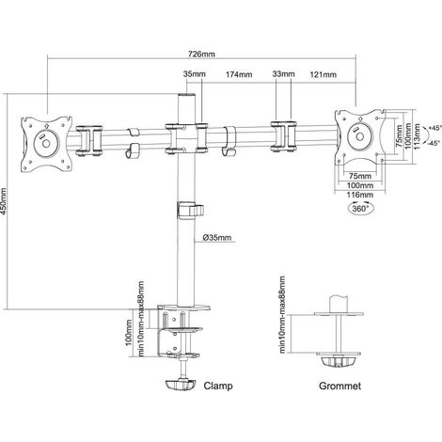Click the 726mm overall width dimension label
click(201, 54)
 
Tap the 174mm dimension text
click(239, 74)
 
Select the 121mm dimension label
click(324, 74)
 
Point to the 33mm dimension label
click(283, 74)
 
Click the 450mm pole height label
click(4, 201)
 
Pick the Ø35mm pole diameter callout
click(216, 238)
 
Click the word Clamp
click(218, 386)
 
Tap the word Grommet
click(339, 386)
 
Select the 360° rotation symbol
click(361, 209)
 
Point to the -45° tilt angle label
click(434, 143)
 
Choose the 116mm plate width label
click(360, 195)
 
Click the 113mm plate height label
click(417, 136)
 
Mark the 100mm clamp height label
click(129, 332)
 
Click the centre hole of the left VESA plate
click(46, 144)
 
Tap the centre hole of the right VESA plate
click(359, 136)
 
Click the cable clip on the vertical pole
click(190, 211)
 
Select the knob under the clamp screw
click(181, 385)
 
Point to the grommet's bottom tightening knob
click(339, 361)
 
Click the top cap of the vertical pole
click(186, 95)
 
